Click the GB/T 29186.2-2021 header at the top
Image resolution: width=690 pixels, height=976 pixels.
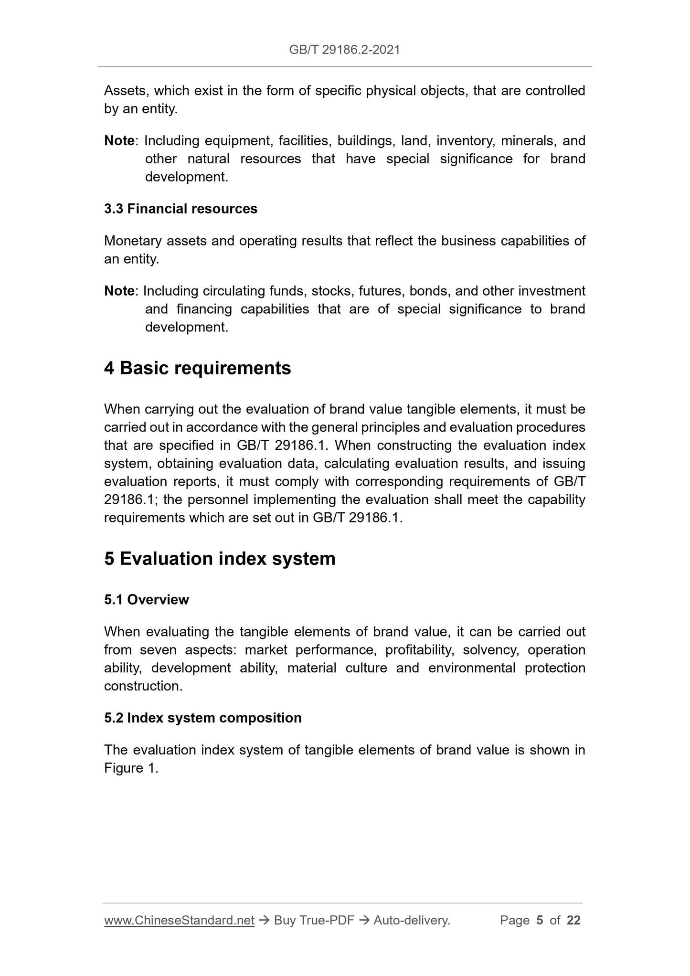pyautogui.click(x=344, y=49)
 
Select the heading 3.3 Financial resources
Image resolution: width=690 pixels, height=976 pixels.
pyautogui.click(x=180, y=209)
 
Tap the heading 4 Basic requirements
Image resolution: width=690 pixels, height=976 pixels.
pyautogui.click(x=197, y=368)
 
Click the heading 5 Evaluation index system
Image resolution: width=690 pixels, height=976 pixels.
pyautogui.click(x=220, y=558)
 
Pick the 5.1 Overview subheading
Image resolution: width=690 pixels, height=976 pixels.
pyautogui.click(x=147, y=600)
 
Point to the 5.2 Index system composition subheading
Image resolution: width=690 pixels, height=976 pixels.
pyautogui.click(x=202, y=718)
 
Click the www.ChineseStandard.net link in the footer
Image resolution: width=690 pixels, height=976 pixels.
pyautogui.click(x=179, y=920)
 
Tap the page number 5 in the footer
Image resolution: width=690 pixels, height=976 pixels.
pyautogui.click(x=540, y=920)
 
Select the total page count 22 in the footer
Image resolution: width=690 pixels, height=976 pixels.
pyautogui.click(x=573, y=920)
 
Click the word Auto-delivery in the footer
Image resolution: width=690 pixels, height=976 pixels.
pyautogui.click(x=411, y=920)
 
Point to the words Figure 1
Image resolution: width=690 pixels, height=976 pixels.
pyautogui.click(x=130, y=768)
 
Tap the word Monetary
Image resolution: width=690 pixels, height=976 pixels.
pyautogui.click(x=133, y=241)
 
